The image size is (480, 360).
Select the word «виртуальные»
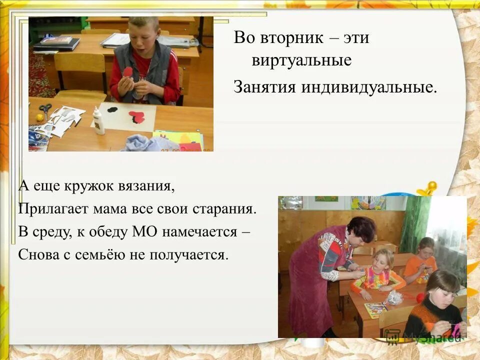301,61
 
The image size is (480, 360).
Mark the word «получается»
187,255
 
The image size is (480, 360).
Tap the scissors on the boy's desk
45,109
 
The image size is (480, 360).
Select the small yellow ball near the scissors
39,118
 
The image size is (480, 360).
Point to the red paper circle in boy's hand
128,72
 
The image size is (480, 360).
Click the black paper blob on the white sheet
112,109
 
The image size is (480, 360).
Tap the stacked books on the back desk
56,43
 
